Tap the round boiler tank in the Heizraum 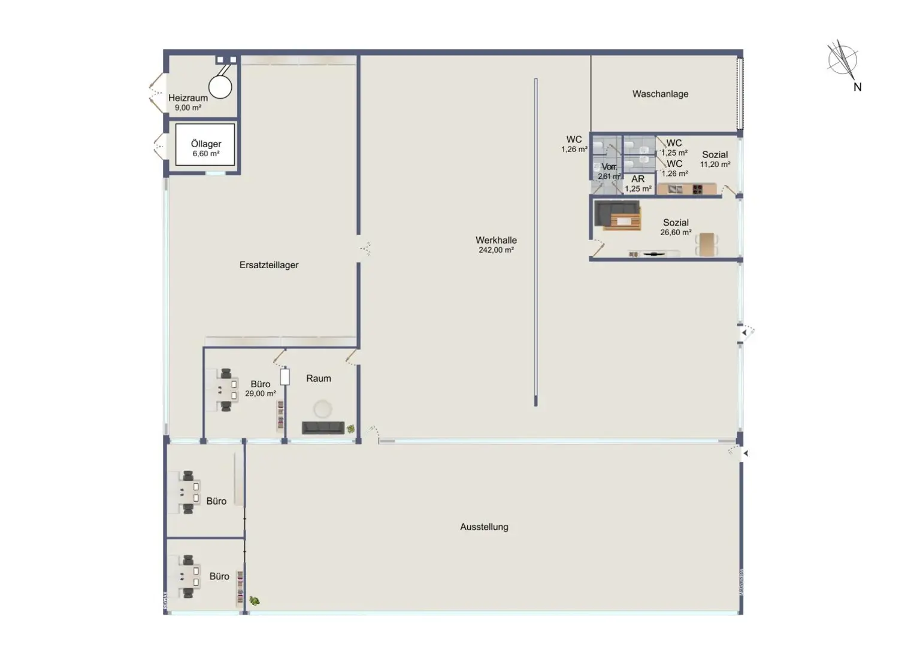[220, 87]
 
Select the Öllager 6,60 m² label [206, 148]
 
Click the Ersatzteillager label [269, 265]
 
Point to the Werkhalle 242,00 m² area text [496, 245]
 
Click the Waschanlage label [660, 94]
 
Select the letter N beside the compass [857, 87]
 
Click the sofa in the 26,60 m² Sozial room [617, 216]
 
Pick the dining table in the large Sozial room [707, 244]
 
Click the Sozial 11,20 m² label [715, 159]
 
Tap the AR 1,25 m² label [638, 184]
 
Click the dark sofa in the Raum [323, 427]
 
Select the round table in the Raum [323, 409]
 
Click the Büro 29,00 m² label [261, 388]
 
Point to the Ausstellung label [484, 527]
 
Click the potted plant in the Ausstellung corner [255, 600]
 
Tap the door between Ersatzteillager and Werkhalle [365, 248]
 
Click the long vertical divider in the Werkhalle [535, 242]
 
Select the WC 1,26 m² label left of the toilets [574, 144]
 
